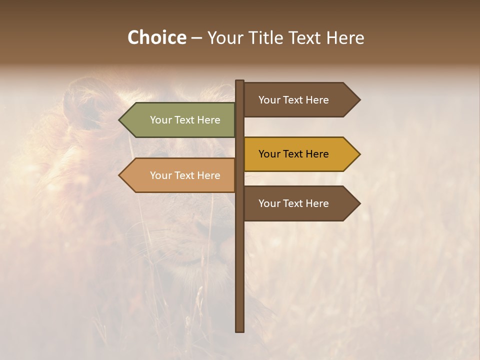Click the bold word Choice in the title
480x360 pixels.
point(156,38)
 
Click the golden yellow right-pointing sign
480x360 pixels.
point(295,154)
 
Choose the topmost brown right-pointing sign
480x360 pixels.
point(295,100)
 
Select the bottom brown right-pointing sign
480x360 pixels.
point(295,203)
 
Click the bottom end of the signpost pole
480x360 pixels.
point(240,330)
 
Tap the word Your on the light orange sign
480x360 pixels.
point(160,175)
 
